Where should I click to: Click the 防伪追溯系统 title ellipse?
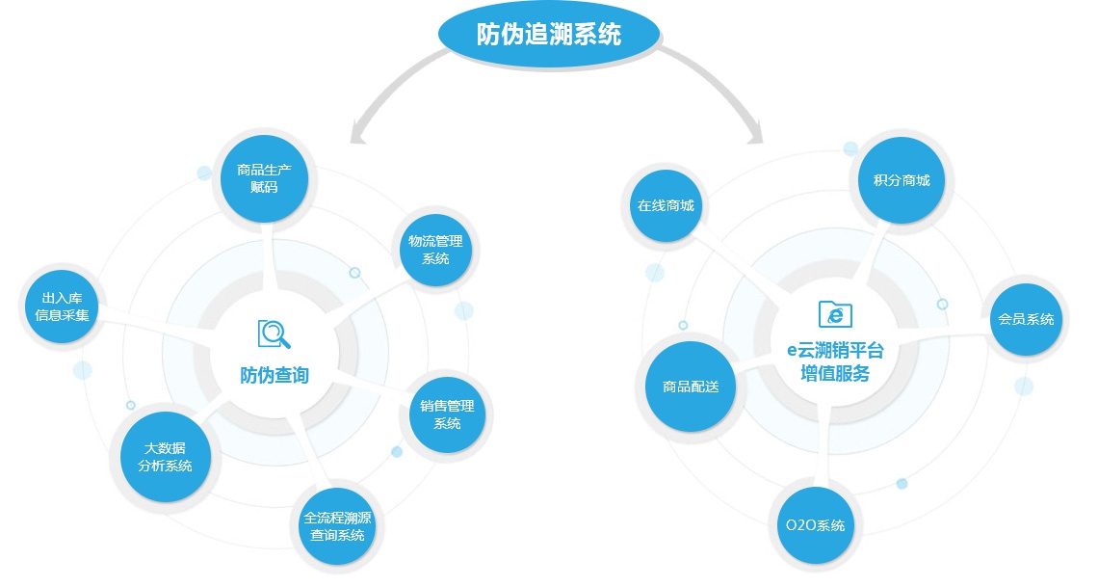click(548, 34)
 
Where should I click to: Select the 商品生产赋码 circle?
click(264, 178)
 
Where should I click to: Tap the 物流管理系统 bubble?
click(435, 250)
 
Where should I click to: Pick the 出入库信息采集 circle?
click(62, 307)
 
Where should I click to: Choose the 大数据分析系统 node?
click(166, 457)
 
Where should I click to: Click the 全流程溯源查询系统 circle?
click(337, 526)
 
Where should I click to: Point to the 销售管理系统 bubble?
click(447, 414)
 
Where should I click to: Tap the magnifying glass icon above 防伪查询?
click(274, 334)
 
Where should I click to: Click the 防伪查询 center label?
click(274, 376)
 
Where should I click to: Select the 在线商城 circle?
click(666, 205)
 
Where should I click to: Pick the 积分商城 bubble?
click(902, 180)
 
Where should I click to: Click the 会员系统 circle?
click(1026, 319)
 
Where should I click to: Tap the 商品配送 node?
click(691, 387)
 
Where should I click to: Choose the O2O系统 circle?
click(816, 525)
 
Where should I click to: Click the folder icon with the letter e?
click(835, 314)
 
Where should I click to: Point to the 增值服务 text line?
click(835, 373)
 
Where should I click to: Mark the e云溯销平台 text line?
click(835, 350)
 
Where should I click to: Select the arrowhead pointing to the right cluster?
click(755, 134)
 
